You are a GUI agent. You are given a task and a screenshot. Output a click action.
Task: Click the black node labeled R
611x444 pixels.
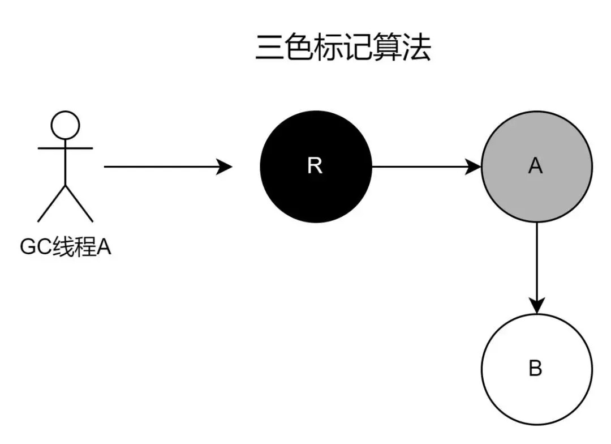pos(316,166)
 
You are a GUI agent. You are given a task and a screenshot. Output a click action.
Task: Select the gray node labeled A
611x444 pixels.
pos(536,166)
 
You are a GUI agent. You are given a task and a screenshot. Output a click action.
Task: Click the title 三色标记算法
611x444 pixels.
pos(343,48)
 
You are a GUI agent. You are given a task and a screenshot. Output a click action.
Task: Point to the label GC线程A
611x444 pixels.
pos(66,247)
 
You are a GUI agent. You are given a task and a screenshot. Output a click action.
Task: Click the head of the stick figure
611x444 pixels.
pos(65,125)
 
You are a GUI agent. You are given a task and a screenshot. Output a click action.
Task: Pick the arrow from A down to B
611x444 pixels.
pos(536,266)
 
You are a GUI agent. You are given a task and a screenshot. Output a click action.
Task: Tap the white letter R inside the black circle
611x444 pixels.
pos(315,166)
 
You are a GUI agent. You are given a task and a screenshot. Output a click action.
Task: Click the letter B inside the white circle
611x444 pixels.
pos(535,369)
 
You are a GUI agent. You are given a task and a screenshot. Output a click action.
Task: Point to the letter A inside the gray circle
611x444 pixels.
pos(535,166)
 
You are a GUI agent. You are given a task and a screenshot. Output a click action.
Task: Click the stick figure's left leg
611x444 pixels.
pos(51,203)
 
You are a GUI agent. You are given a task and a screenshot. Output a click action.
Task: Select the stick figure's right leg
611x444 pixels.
pos(79,203)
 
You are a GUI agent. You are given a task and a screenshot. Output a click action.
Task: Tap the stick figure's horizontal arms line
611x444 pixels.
pos(65,148)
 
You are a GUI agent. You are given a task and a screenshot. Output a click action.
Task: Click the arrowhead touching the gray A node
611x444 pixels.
pos(473,166)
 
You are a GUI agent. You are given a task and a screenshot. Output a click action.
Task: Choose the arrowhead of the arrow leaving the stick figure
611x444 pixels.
pos(225,166)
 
